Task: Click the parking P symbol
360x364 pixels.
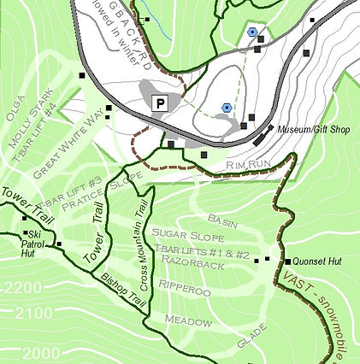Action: pos(159,103)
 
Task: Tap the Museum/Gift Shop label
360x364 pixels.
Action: pos(311,130)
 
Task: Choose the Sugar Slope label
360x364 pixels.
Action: pos(189,233)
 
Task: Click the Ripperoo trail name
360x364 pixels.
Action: pos(185,291)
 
